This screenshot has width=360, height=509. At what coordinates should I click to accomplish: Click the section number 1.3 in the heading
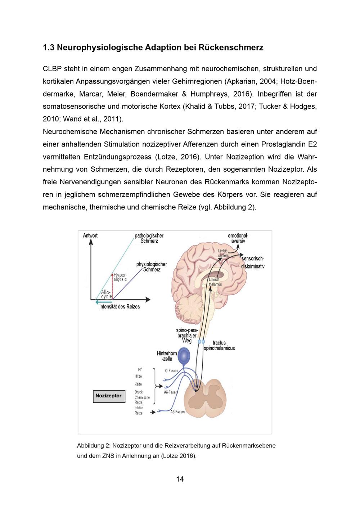48,48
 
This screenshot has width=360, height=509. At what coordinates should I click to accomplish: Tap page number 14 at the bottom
180,479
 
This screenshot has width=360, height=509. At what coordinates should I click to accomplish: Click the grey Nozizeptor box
109,396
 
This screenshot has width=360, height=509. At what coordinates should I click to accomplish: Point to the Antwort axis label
90,235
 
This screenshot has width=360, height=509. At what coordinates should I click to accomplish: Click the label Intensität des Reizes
120,306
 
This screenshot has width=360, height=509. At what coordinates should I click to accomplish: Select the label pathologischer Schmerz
149,238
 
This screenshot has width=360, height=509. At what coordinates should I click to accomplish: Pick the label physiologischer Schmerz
152,267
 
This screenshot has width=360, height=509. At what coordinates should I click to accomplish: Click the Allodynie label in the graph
106,294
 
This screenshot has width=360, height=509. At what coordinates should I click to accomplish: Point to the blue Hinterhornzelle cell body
185,355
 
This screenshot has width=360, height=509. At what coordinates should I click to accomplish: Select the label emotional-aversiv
238,238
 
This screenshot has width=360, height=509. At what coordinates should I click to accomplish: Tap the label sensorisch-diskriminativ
253,262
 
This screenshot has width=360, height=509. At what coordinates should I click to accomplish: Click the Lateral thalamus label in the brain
215,282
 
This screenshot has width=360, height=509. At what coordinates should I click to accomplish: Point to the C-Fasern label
172,370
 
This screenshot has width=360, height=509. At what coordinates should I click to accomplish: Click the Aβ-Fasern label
177,412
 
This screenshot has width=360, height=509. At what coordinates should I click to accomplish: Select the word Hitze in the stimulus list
138,376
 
